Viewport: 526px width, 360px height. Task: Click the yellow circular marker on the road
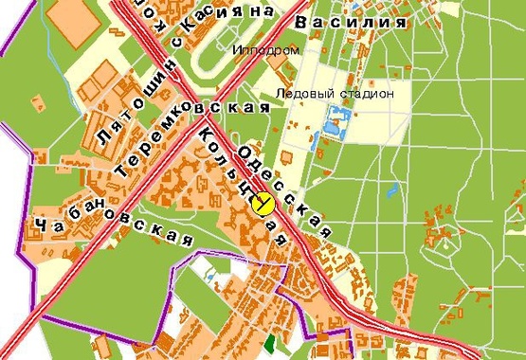tap(264, 203)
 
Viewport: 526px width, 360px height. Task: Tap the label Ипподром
tap(265, 49)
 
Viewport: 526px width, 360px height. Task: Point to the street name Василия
tap(343, 21)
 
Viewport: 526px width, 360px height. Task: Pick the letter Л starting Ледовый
tap(279, 94)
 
